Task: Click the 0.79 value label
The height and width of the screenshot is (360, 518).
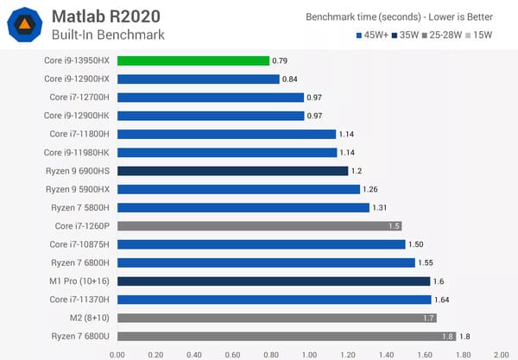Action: [281, 60]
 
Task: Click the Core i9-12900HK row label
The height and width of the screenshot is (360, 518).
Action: [79, 116]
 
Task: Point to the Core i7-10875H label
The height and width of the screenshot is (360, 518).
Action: [79, 244]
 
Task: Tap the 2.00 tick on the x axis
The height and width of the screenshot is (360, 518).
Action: [502, 353]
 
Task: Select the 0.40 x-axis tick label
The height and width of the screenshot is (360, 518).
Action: [193, 353]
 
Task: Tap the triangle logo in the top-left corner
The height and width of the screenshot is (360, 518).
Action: [26, 25]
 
